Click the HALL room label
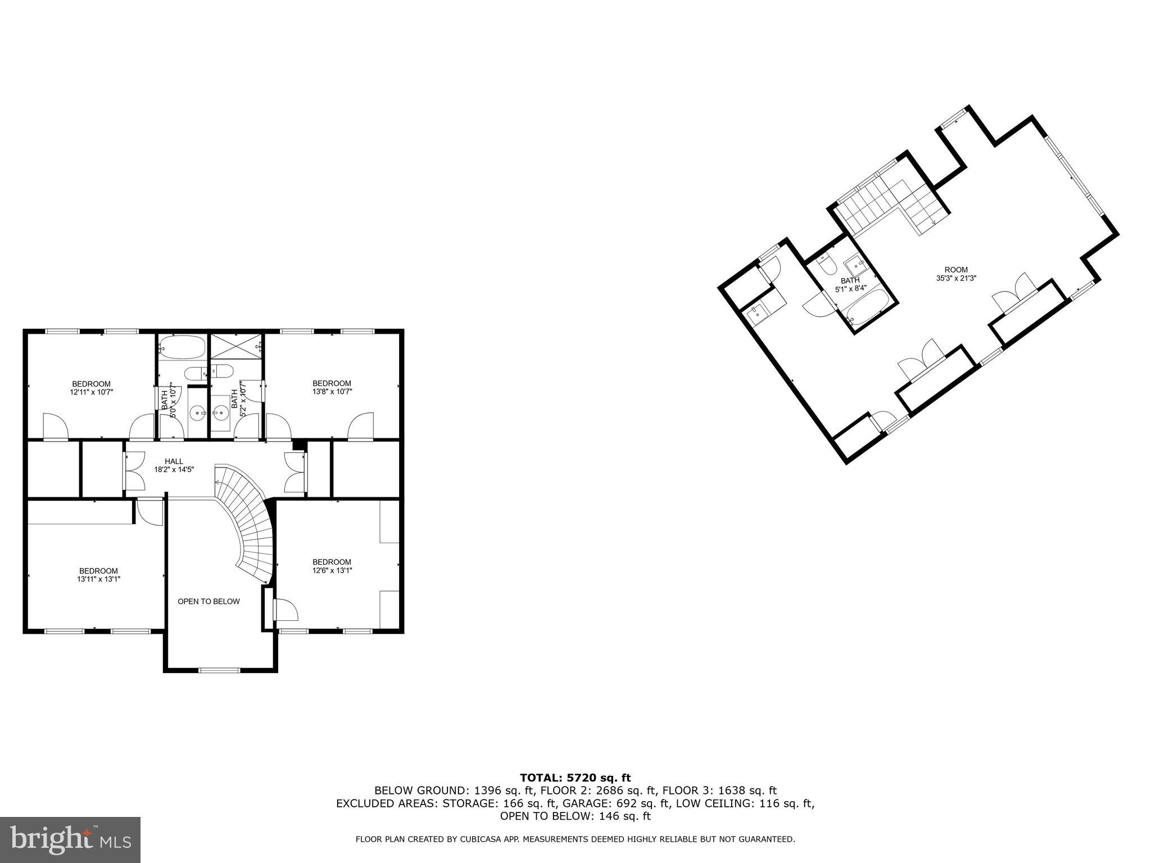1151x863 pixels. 174,465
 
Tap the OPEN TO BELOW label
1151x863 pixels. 209,601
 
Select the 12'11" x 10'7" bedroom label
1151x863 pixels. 91,388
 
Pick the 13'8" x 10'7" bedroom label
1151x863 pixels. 332,387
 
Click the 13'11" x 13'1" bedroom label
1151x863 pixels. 98,575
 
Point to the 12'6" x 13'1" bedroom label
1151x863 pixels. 332,566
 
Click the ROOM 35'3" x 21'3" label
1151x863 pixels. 956,274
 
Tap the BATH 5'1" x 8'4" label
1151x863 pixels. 850,284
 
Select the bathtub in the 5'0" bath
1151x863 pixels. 182,347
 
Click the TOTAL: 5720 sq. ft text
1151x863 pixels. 575,778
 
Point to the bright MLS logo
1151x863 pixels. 70,839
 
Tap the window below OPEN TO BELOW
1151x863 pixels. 220,669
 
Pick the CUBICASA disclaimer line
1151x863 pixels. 575,839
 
